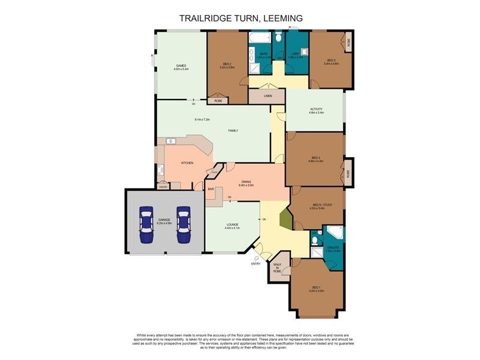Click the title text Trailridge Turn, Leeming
tap(241, 19)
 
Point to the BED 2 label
tap(227, 64)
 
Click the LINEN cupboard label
tap(268, 96)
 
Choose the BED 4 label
tap(316, 157)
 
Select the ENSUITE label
tap(334, 247)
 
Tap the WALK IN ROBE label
tap(277, 268)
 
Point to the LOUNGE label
tap(232, 224)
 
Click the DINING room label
tap(246, 182)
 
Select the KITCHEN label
tap(187, 163)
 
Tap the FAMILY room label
tap(233, 130)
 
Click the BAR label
tap(211, 190)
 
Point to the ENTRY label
tap(256, 263)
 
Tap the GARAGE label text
tap(164, 220)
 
